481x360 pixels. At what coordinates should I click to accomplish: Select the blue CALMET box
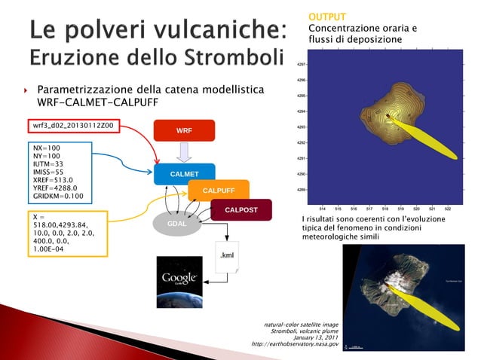point(183,175)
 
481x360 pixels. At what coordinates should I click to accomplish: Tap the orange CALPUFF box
point(218,191)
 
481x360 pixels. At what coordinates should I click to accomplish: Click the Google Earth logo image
point(179,280)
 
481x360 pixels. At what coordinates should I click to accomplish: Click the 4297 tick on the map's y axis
point(302,65)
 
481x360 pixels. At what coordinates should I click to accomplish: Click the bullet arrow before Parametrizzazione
point(25,90)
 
